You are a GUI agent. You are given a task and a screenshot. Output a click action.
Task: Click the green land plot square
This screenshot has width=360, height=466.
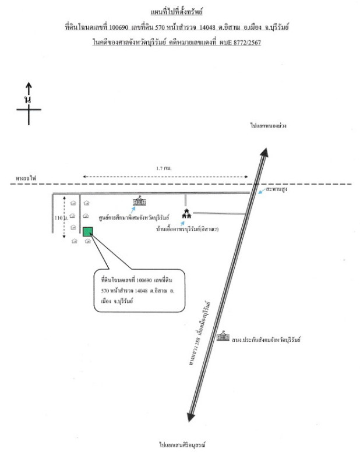[x=88, y=231]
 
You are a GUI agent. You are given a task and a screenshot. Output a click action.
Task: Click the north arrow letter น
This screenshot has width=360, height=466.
[x=27, y=100]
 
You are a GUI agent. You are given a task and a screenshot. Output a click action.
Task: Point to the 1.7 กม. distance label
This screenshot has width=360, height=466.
[x=164, y=168]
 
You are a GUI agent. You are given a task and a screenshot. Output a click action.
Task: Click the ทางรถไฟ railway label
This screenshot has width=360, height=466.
[x=26, y=178]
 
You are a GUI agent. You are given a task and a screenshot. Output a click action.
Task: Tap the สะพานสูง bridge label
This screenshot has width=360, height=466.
[x=277, y=190]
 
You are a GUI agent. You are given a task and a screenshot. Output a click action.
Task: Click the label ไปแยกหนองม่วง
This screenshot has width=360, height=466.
[x=269, y=126]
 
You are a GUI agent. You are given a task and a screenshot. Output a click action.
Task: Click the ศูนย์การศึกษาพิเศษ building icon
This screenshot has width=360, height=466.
[x=139, y=202]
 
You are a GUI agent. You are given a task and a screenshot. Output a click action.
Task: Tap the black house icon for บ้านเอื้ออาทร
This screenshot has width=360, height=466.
[x=187, y=214]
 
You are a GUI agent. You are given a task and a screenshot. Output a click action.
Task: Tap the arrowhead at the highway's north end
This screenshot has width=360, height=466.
[x=264, y=152]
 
